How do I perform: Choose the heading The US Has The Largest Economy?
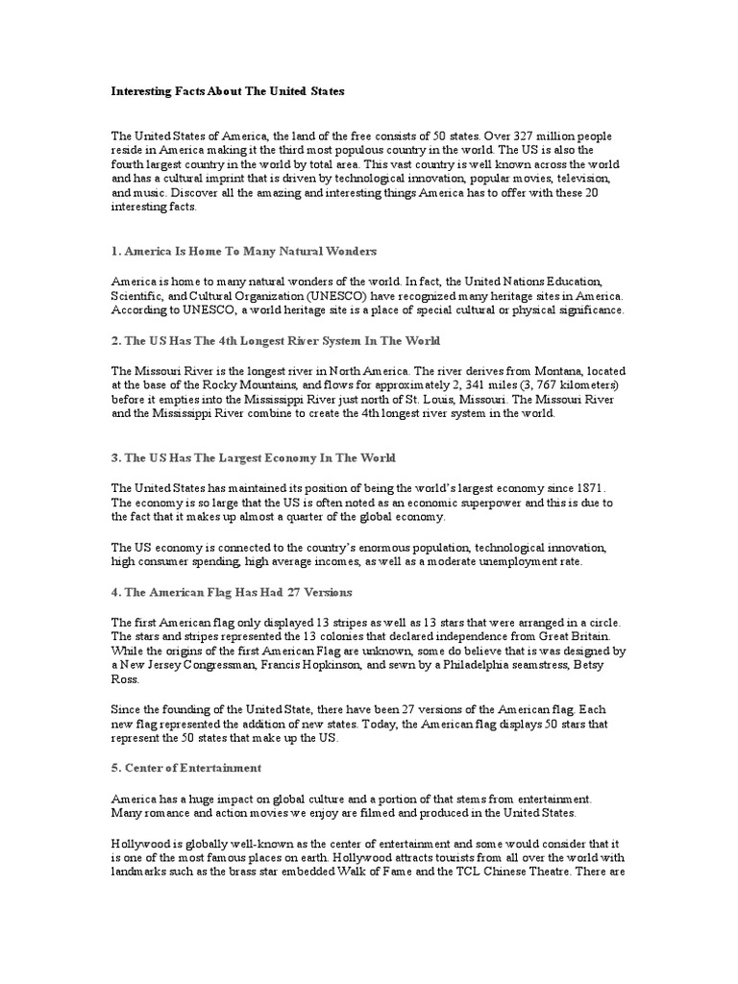(254, 458)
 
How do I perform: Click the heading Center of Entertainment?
(186, 768)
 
